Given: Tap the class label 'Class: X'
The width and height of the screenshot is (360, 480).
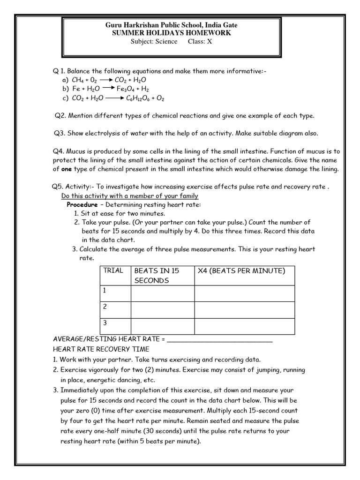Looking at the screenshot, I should point(197,41).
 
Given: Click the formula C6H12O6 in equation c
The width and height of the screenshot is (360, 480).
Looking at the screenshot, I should point(139,98).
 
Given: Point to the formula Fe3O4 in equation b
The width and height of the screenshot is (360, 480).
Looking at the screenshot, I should point(126,89).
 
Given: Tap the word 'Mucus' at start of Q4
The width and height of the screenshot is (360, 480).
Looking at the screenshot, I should point(75,151).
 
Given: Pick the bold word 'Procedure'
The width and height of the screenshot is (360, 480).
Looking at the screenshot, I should point(82,205).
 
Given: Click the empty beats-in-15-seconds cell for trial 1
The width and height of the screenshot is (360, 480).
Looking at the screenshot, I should point(162,293).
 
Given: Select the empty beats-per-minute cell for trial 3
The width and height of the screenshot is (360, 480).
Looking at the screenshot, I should point(244,326).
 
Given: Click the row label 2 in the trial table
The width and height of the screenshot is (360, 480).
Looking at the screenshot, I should point(105,307).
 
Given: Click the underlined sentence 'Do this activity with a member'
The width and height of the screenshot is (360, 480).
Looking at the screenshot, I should point(130,195).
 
